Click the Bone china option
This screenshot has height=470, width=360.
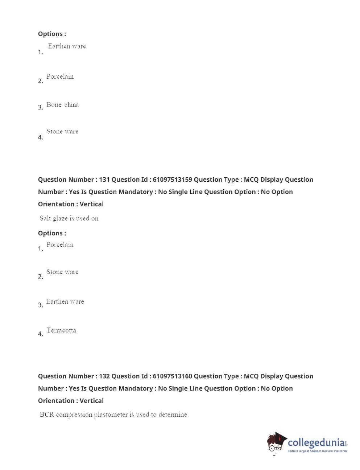pyautogui.click(x=62, y=105)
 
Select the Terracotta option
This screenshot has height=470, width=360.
pyautogui.click(x=61, y=330)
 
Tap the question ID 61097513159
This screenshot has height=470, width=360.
pyautogui.click(x=172, y=180)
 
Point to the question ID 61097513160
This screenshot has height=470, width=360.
pyautogui.click(x=172, y=376)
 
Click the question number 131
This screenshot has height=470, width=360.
pyautogui.click(x=104, y=180)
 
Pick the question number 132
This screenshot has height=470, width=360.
pyautogui.click(x=104, y=376)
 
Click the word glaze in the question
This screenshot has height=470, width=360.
pyautogui.click(x=60, y=218)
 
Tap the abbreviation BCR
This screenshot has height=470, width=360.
pyautogui.click(x=47, y=415)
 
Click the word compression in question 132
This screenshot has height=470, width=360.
pyautogui.click(x=74, y=415)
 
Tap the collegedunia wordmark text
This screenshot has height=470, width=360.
pyautogui.click(x=316, y=442)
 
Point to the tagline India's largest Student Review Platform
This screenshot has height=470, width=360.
pyautogui.click(x=317, y=451)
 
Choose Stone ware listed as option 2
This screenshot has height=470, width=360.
pyautogui.click(x=62, y=272)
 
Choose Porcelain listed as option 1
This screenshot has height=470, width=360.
pyautogui.click(x=60, y=245)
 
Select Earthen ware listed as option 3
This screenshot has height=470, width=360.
pyautogui.click(x=65, y=302)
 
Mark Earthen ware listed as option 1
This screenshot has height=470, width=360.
pyautogui.click(x=67, y=46)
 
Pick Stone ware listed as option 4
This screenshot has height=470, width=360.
pyautogui.click(x=62, y=132)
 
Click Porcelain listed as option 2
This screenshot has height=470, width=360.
pyautogui.click(x=60, y=77)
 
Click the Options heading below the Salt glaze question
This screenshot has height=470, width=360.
pyautogui.click(x=52, y=233)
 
